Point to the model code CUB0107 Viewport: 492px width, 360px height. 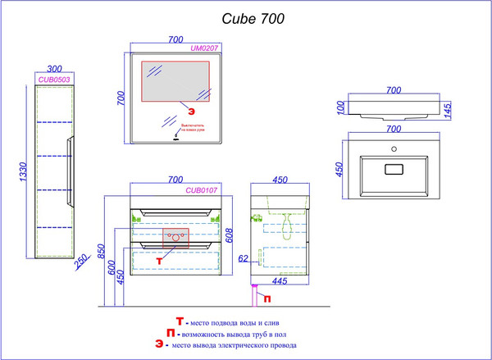click(x=201, y=191)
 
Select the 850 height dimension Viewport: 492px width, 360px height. click(x=101, y=252)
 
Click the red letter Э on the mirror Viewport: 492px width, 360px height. click(x=191, y=110)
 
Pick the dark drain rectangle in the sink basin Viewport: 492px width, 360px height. click(x=394, y=171)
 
